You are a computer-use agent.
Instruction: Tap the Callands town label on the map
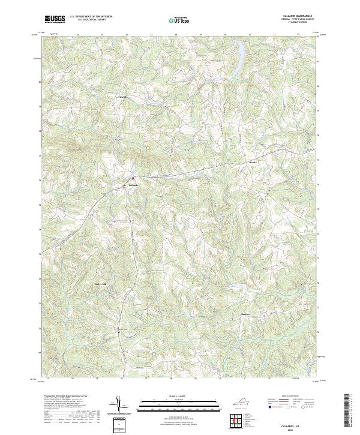pyautogui.click(x=134, y=185)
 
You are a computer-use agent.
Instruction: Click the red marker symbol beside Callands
pyautogui.click(x=133, y=178)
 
